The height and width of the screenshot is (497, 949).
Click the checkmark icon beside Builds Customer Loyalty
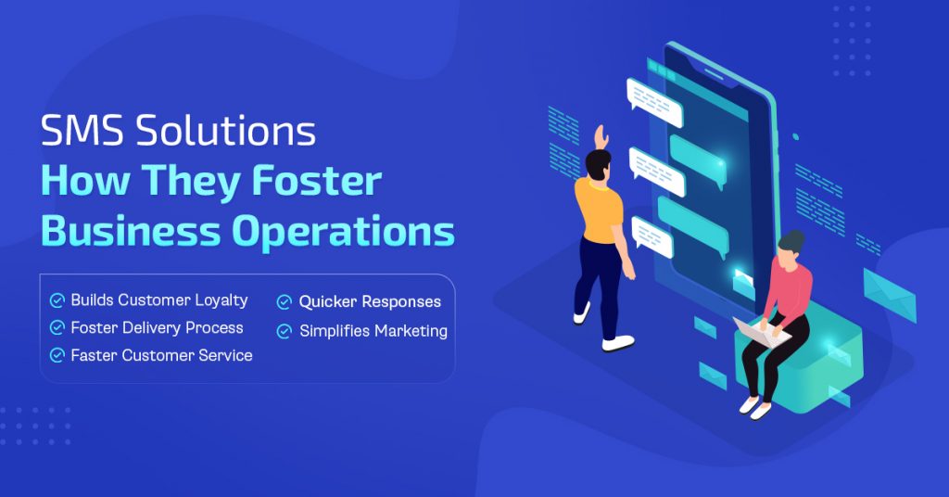[57, 300]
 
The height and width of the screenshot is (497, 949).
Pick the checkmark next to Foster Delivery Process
[57, 328]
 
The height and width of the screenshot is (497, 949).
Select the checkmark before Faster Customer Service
[57, 355]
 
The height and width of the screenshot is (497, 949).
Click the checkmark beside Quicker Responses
[285, 302]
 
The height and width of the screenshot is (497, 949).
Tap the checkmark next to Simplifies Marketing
[285, 331]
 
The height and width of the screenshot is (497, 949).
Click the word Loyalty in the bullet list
[221, 300]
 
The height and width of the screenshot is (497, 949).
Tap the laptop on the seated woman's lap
[760, 330]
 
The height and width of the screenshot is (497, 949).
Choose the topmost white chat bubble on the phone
[654, 101]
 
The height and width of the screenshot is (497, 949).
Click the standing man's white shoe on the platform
[617, 343]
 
